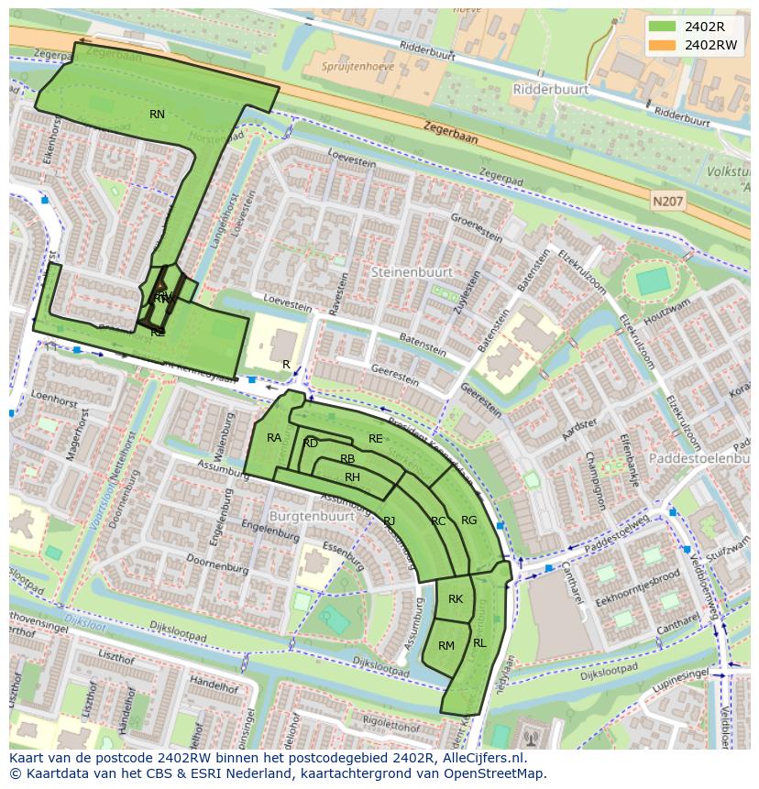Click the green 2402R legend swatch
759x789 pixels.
pos(660,27)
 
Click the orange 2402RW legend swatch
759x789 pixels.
pos(660,45)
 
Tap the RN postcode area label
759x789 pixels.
pos(157,115)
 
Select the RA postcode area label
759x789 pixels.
pos(274,438)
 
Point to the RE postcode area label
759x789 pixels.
pos(375,439)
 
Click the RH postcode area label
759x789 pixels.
pos(352,477)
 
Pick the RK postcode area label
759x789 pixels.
pos(456,599)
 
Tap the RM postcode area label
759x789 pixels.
pos(446,646)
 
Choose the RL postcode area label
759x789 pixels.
pos(479,643)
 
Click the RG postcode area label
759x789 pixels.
pos(468,521)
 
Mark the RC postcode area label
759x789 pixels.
pos(438,521)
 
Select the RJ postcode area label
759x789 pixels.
pos(390,521)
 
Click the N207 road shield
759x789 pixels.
pos(667,199)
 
